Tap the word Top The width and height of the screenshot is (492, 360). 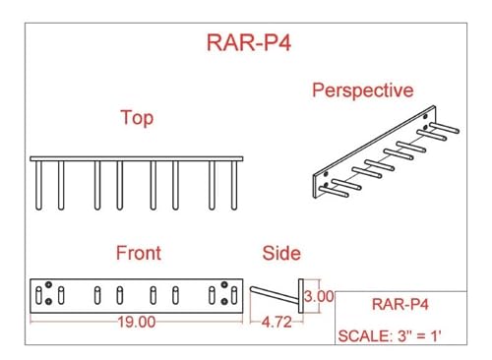pyautogui.click(x=136, y=119)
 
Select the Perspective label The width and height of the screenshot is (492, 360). pyautogui.click(x=363, y=91)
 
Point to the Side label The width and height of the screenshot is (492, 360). pyautogui.click(x=281, y=254)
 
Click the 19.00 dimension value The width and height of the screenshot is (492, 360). pyautogui.click(x=138, y=322)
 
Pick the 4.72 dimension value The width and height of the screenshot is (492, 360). pyautogui.click(x=279, y=322)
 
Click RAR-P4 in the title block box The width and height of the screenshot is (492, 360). pyautogui.click(x=400, y=303)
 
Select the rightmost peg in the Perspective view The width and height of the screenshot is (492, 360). pyautogui.click(x=449, y=128)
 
